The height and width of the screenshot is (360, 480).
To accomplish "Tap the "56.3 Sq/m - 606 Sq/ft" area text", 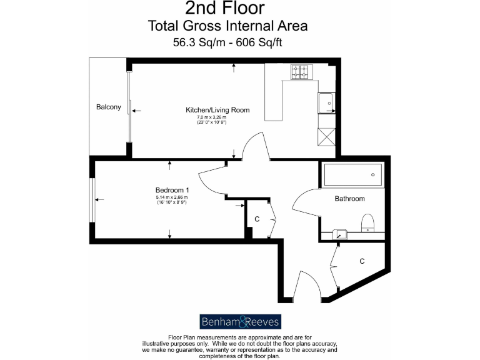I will point(227,43).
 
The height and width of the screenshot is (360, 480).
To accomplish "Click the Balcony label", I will point(108,107).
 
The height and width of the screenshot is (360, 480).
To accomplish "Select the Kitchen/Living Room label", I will point(217,110).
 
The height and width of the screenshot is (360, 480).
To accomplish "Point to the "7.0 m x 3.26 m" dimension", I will point(211,117).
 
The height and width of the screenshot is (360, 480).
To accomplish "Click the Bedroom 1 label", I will point(172,190).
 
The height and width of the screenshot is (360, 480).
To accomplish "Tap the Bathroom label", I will point(349,199).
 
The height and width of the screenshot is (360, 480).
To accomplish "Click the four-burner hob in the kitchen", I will point(300,73).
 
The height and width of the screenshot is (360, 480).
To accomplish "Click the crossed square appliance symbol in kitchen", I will point(326,136).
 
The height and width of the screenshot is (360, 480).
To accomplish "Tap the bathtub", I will point(352,175).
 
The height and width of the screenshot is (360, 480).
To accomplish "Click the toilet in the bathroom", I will point(367,222).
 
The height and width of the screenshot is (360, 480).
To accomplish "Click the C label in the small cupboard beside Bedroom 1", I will point(257,219).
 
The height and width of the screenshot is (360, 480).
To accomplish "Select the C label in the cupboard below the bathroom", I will point(362,261).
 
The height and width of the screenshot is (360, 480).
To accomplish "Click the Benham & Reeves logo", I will point(240,321).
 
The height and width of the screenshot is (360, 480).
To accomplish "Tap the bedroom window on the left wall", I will point(92,200).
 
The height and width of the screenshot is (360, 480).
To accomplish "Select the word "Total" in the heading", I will point(163,26).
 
